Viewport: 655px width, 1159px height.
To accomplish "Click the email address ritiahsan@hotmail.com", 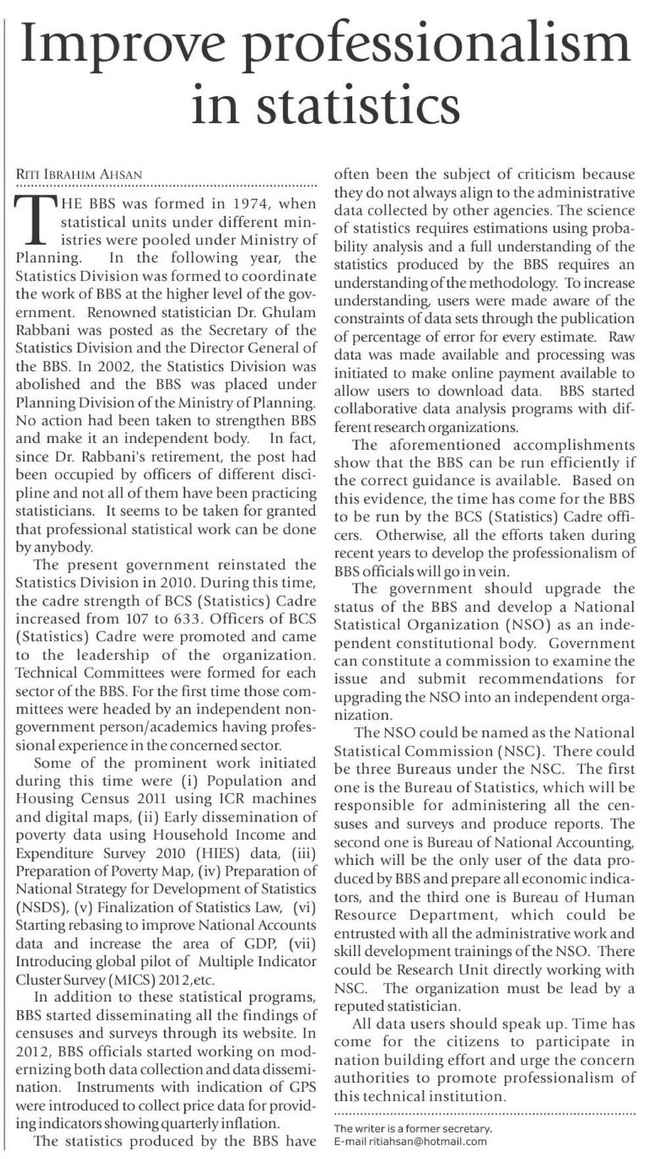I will pos(428,1142).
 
